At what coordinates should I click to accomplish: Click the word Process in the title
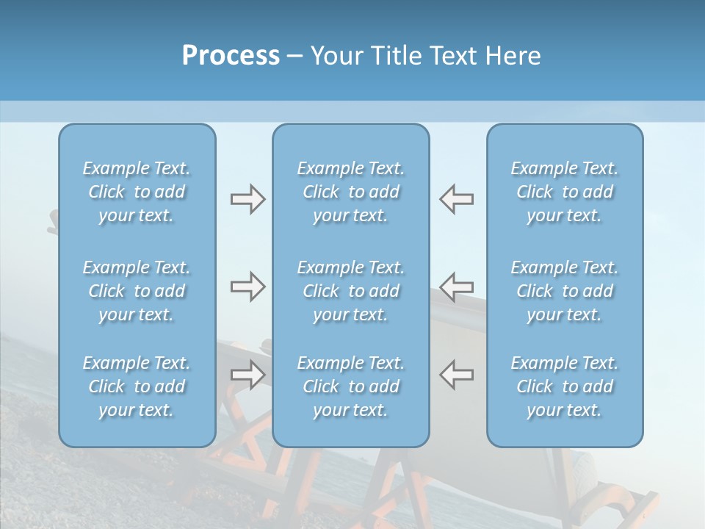click(x=231, y=56)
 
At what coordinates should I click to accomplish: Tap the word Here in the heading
click(x=512, y=56)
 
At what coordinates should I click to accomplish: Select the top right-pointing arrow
click(x=247, y=199)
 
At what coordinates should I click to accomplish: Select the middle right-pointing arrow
click(x=247, y=287)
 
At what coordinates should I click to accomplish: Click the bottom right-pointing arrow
click(x=247, y=374)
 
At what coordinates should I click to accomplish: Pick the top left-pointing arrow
click(x=457, y=199)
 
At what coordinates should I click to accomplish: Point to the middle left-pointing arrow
click(x=457, y=287)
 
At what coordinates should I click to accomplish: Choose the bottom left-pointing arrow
click(x=457, y=374)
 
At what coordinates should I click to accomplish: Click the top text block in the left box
click(x=137, y=192)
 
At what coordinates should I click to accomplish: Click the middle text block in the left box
click(x=137, y=291)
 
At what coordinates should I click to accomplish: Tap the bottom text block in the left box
click(x=137, y=386)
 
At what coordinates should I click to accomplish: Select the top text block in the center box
click(x=351, y=192)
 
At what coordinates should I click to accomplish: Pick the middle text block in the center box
click(x=351, y=291)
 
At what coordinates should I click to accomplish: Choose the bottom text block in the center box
click(x=351, y=386)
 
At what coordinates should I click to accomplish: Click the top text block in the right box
click(x=565, y=192)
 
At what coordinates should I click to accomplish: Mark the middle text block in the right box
click(x=565, y=291)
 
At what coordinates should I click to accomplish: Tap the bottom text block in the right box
click(x=565, y=386)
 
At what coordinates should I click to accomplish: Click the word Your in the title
click(x=337, y=56)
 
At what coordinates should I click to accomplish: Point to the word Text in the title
click(x=452, y=56)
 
